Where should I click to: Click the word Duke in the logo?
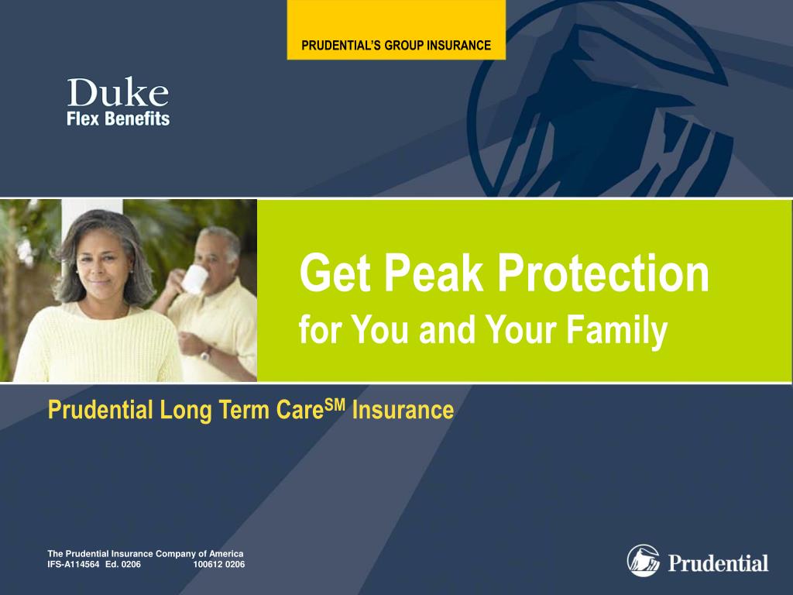[118, 93]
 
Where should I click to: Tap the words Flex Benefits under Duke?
[118, 119]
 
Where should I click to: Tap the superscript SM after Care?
[334, 403]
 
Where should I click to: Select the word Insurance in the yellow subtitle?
[403, 410]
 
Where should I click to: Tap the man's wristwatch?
[206, 353]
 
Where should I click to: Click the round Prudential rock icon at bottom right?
[643, 561]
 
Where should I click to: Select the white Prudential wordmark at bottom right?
[718, 563]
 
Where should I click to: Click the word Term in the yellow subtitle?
[249, 410]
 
